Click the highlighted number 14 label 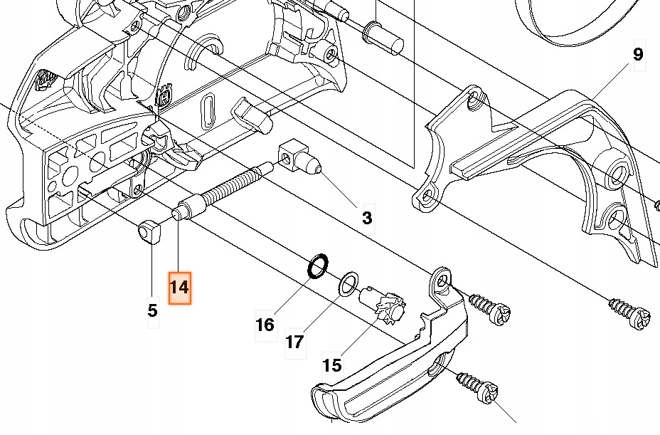[179, 288]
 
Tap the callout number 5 [152, 310]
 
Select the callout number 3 [366, 218]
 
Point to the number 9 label [637, 55]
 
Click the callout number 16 [265, 325]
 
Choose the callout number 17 [295, 342]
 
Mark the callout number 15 [331, 365]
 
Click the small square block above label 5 [147, 233]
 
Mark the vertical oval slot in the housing [208, 110]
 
